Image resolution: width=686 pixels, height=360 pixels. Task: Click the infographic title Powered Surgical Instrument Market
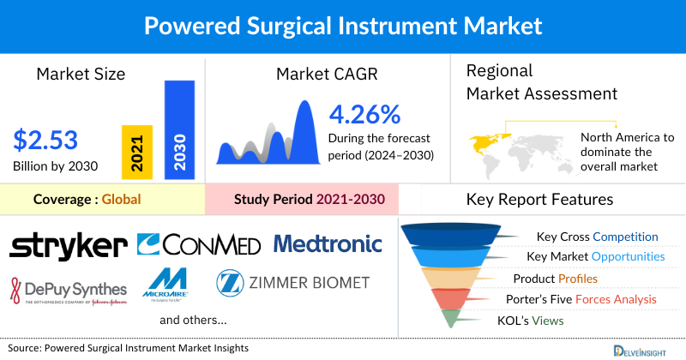click(x=343, y=25)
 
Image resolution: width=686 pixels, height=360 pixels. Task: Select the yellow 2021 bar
click(x=137, y=151)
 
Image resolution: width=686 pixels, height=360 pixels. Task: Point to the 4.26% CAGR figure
click(x=365, y=113)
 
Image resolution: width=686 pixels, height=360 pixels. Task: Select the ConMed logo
click(x=199, y=245)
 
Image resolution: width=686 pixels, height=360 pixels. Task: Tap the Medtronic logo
click(x=328, y=244)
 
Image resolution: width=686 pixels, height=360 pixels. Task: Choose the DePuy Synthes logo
click(x=69, y=288)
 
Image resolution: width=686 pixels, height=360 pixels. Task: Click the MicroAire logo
click(x=172, y=282)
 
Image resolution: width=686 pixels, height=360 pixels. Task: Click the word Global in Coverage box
click(x=121, y=200)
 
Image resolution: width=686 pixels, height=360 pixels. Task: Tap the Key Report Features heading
click(x=539, y=200)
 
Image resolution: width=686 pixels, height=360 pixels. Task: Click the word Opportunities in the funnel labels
click(x=630, y=256)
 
